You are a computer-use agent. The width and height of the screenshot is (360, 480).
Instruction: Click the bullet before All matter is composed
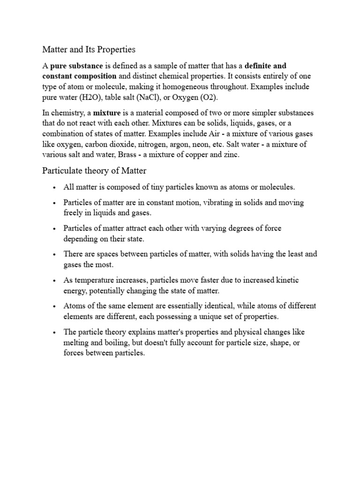(54, 187)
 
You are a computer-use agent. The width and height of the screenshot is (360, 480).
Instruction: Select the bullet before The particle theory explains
(54, 332)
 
